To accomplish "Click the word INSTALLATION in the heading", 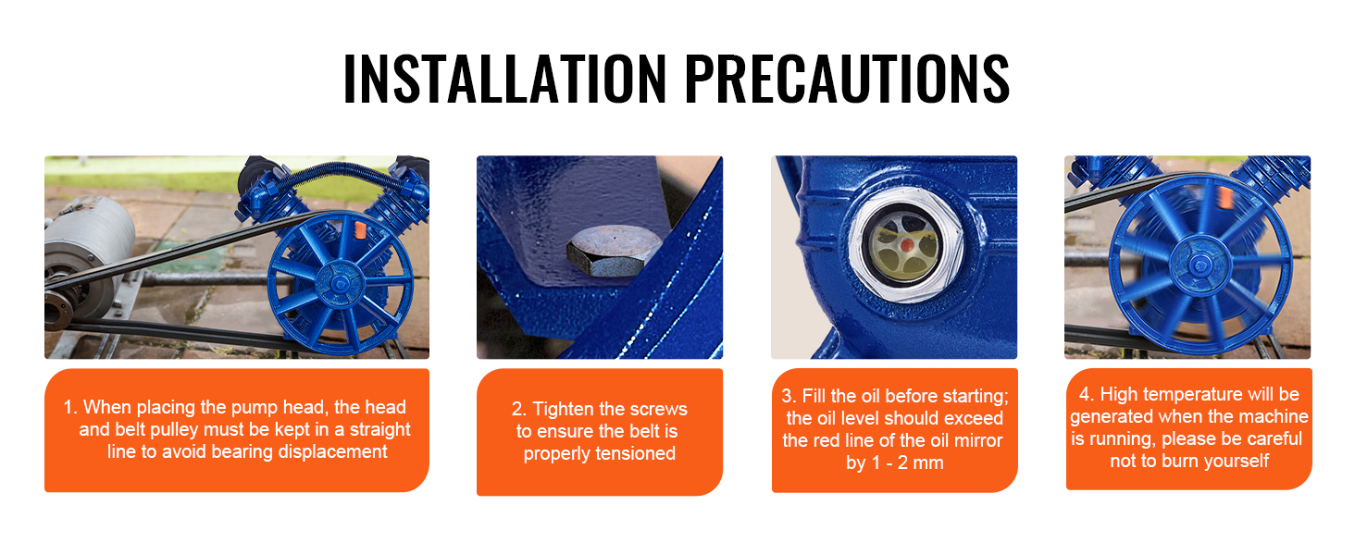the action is (x=504, y=78).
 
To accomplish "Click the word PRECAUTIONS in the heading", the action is (x=847, y=78).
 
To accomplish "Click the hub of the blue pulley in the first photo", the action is (x=340, y=284).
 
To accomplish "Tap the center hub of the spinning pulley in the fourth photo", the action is (x=1200, y=265).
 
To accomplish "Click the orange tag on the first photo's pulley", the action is (x=359, y=230).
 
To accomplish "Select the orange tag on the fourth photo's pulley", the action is (x=1224, y=196).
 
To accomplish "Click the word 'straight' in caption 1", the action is (x=379, y=429).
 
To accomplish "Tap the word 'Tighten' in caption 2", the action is (x=561, y=409).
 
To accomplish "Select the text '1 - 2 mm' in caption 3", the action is (x=907, y=462).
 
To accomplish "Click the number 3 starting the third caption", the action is (x=787, y=396).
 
